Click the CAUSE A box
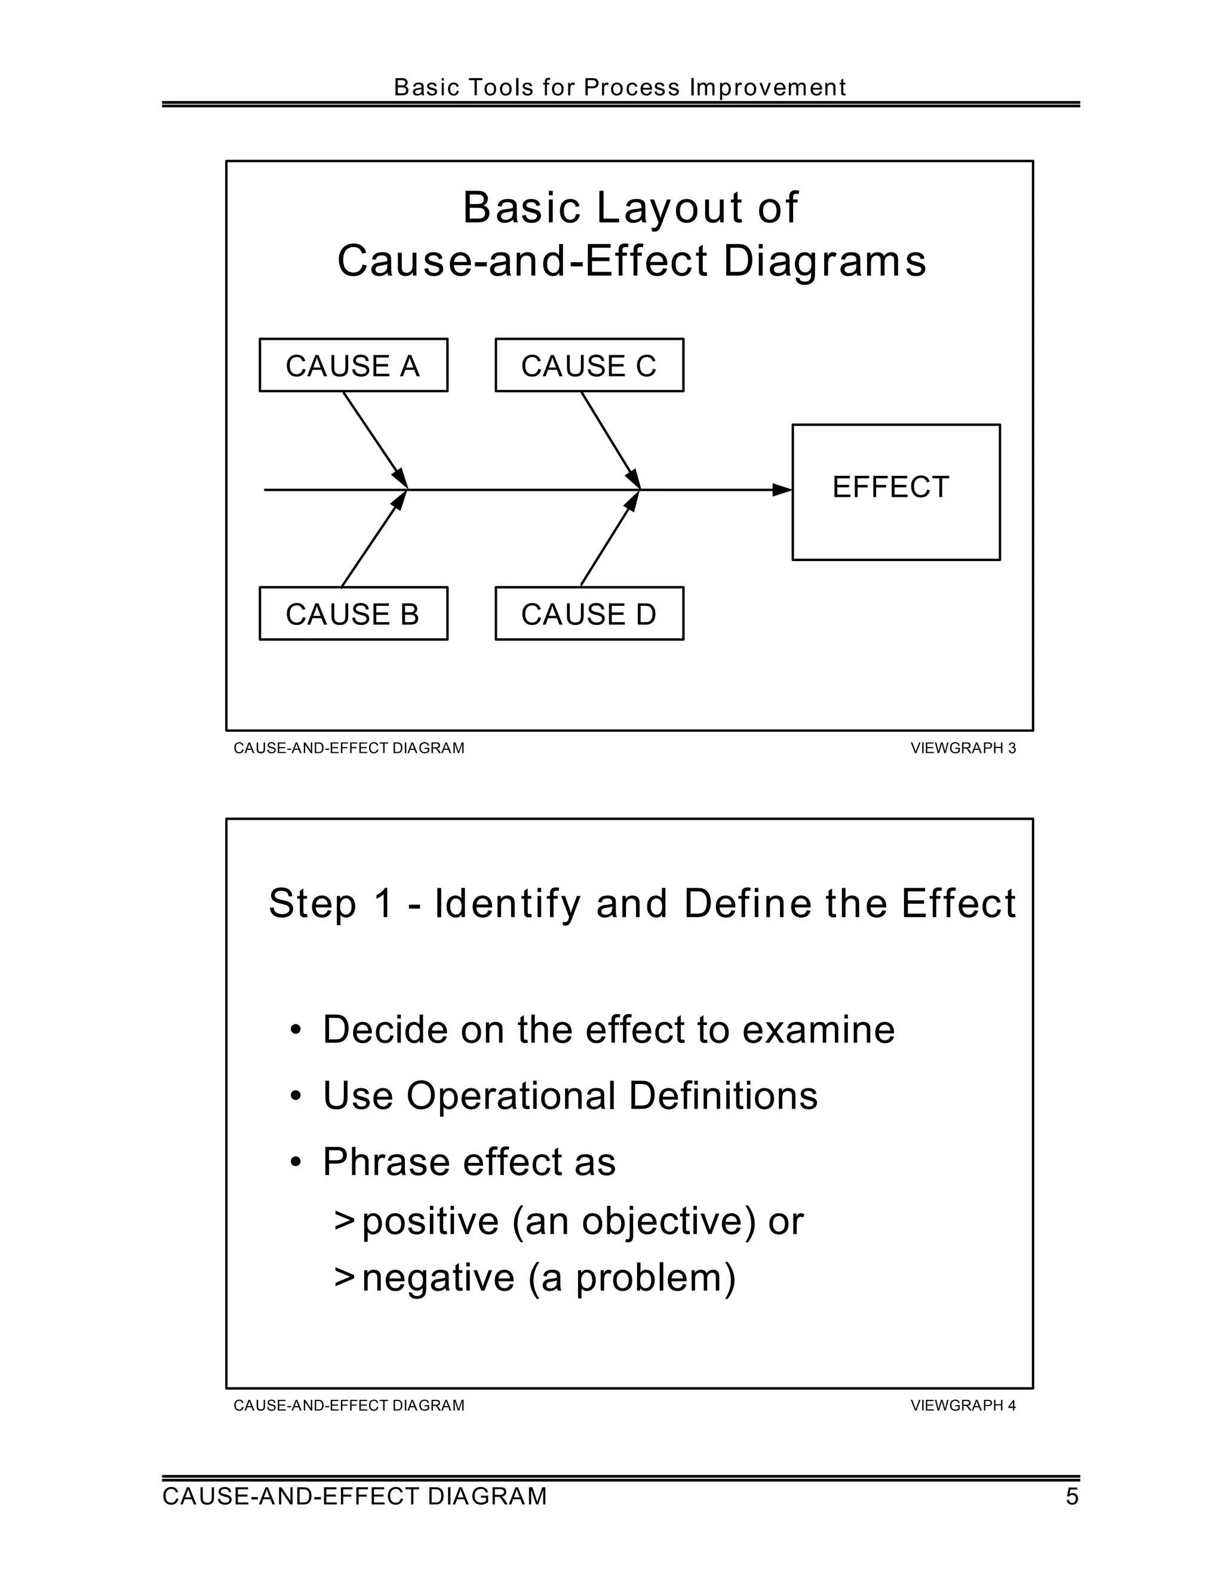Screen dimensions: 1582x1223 click(x=353, y=365)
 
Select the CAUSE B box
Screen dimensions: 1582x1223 click(x=353, y=614)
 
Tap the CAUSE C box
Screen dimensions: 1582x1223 click(x=589, y=365)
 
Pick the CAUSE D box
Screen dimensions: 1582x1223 click(x=589, y=614)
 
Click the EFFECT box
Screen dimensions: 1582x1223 click(x=896, y=492)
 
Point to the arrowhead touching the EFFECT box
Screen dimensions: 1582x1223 click(x=782, y=490)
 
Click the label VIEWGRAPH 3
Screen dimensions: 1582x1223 click(x=963, y=748)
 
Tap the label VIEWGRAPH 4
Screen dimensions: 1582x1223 click(x=963, y=1405)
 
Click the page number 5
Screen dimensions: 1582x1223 click(x=1071, y=1496)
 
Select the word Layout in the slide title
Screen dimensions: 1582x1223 click(x=669, y=208)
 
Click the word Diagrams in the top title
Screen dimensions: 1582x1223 click(x=825, y=261)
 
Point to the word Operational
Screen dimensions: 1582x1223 click(x=510, y=1095)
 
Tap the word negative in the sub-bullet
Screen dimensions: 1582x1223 click(x=438, y=1278)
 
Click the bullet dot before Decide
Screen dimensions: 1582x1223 click(x=295, y=1030)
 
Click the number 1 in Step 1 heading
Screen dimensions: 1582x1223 click(x=383, y=903)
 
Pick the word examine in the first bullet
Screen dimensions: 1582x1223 click(x=818, y=1029)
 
